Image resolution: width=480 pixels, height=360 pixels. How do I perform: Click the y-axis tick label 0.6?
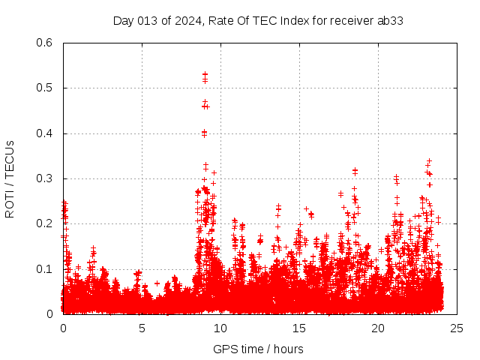[45, 43]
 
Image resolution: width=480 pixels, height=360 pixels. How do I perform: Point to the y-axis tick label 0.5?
[45, 88]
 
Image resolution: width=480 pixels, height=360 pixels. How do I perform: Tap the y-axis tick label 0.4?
[45, 133]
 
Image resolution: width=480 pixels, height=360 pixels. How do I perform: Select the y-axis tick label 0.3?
[45, 178]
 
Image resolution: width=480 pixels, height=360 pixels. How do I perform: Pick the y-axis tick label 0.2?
[45, 223]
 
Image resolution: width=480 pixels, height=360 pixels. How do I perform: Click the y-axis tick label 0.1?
[45, 268]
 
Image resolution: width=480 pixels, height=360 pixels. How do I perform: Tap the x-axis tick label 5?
[142, 328]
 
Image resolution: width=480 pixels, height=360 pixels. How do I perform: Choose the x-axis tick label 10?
[220, 328]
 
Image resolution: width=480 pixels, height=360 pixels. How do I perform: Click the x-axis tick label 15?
[299, 328]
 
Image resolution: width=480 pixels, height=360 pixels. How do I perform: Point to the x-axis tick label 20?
[378, 328]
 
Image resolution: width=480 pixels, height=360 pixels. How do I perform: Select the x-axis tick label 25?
[457, 328]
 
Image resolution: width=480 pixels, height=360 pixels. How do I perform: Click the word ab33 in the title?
[390, 20]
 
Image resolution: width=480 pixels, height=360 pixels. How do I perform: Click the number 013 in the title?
[148, 20]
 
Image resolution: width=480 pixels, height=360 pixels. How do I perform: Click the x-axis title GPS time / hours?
[258, 349]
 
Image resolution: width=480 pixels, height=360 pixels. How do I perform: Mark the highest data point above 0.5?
[205, 74]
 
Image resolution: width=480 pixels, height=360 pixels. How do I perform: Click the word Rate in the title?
[218, 20]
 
